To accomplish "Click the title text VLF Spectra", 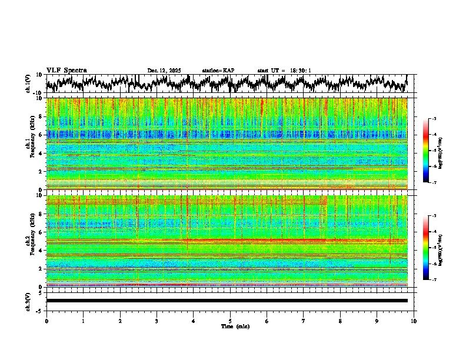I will [66, 70].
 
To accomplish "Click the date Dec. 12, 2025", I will [164, 71].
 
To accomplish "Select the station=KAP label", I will [218, 71].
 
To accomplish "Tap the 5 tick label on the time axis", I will [230, 321].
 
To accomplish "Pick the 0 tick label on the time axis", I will [46, 321].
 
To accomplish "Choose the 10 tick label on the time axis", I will [414, 321].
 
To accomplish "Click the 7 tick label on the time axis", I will [304, 321].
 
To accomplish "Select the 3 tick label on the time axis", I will [157, 321].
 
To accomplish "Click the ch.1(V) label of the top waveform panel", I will [28, 84].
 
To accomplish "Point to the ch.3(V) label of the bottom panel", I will [28, 301].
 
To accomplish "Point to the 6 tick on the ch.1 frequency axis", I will [42, 135].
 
